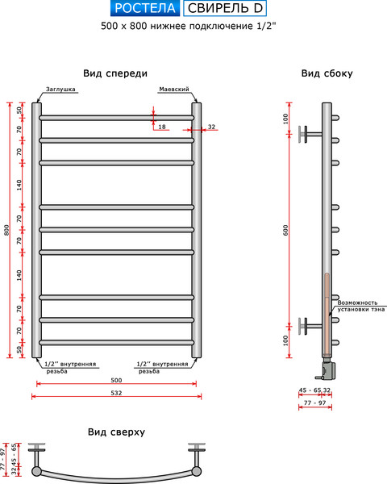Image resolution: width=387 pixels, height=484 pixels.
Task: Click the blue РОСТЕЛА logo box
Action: tap(144, 10)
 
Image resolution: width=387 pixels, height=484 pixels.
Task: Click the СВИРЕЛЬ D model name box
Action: tap(225, 10)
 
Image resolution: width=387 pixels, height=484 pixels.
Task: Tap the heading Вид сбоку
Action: tap(327, 73)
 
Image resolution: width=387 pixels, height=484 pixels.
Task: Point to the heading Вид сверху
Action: tap(116, 432)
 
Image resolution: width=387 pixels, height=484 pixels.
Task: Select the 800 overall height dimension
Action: tap(6, 230)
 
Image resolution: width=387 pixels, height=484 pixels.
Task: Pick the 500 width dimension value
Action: tap(116, 380)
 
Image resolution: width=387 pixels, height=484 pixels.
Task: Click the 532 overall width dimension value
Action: tap(116, 393)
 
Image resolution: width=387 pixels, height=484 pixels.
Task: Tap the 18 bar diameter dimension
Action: tap(162, 127)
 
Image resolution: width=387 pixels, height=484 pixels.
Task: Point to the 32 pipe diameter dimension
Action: tap(211, 127)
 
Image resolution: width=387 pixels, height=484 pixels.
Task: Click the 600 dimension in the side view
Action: tap(286, 230)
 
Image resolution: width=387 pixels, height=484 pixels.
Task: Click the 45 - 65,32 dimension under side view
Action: tap(314, 390)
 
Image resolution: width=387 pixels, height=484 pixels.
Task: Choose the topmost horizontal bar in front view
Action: tap(116, 118)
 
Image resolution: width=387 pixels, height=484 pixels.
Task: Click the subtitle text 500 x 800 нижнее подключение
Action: tap(193, 27)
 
